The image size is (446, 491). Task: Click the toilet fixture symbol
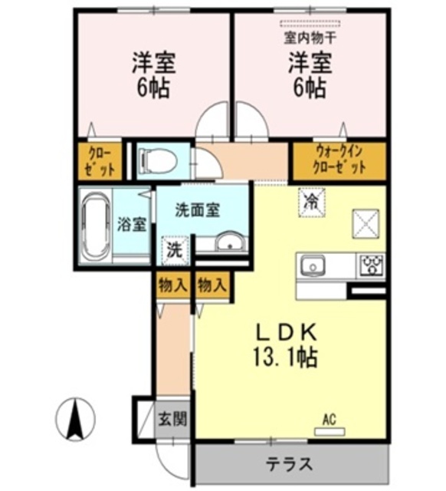pos(159,161)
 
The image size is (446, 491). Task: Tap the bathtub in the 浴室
pos(96,225)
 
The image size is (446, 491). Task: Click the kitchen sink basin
pos(313,265)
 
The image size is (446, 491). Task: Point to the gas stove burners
pos(372,265)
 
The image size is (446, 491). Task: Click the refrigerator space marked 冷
pos(312,203)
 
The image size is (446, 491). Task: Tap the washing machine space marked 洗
pos(175,251)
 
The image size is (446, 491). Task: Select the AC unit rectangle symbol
pos(330,432)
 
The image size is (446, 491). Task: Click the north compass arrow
pos(75,420)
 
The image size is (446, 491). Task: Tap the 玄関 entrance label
pos(172,419)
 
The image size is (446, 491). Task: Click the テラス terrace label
pos(290,463)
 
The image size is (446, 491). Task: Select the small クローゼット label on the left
pos(100,162)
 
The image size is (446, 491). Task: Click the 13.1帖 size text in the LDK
pos(285,357)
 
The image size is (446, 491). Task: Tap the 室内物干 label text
pos(310,38)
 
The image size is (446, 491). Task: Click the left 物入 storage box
pos(173,285)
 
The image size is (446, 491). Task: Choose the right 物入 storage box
pos(212,285)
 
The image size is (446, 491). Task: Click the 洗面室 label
pos(198,209)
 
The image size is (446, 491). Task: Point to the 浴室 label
pos(132,224)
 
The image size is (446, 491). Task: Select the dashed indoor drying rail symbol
pos(310,24)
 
